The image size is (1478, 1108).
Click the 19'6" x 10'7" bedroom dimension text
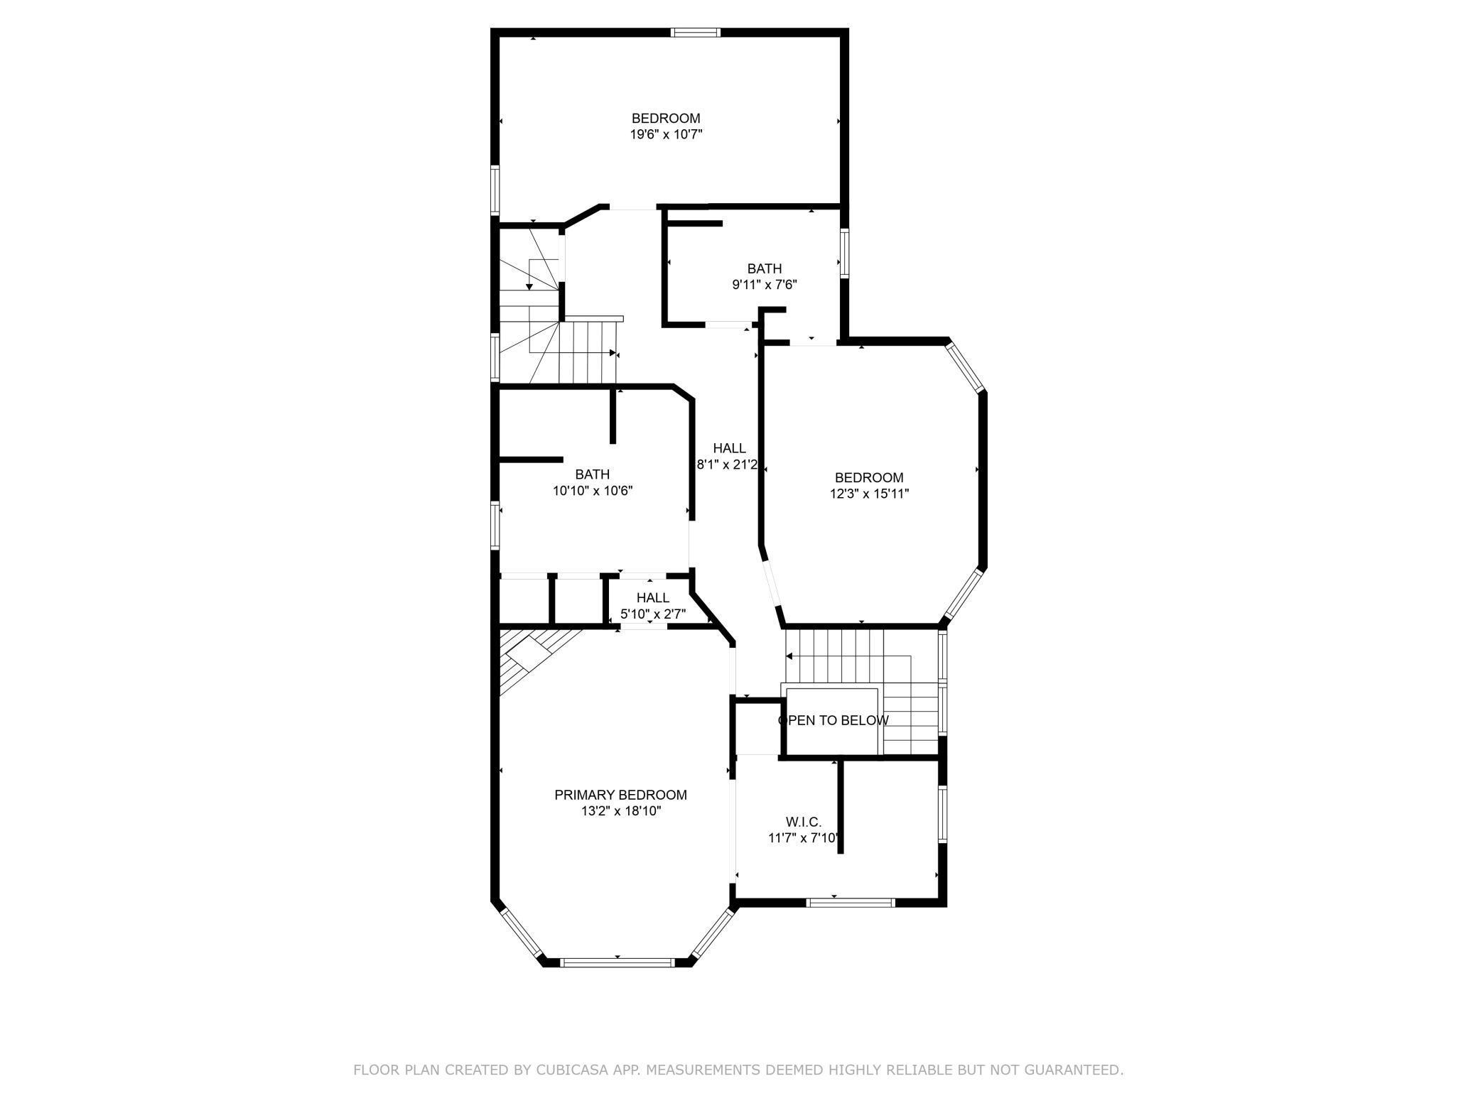666,134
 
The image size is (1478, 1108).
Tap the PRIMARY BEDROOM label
620,795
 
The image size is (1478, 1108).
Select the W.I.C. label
804,822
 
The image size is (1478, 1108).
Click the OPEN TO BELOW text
833,720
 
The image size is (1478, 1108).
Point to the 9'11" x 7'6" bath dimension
765,285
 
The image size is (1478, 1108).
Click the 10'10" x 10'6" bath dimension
593,490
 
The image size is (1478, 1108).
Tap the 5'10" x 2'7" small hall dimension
652,614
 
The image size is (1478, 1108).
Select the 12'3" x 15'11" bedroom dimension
869,494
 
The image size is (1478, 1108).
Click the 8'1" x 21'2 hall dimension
727,465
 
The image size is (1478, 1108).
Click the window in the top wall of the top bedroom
696,32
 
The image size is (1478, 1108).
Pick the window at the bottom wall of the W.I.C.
851,903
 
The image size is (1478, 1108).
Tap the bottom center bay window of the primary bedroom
617,962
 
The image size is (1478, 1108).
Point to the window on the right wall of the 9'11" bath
844,254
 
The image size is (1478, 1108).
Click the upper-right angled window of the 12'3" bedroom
966,367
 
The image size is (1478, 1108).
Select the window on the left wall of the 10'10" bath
495,525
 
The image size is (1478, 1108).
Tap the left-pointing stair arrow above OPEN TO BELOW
789,656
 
